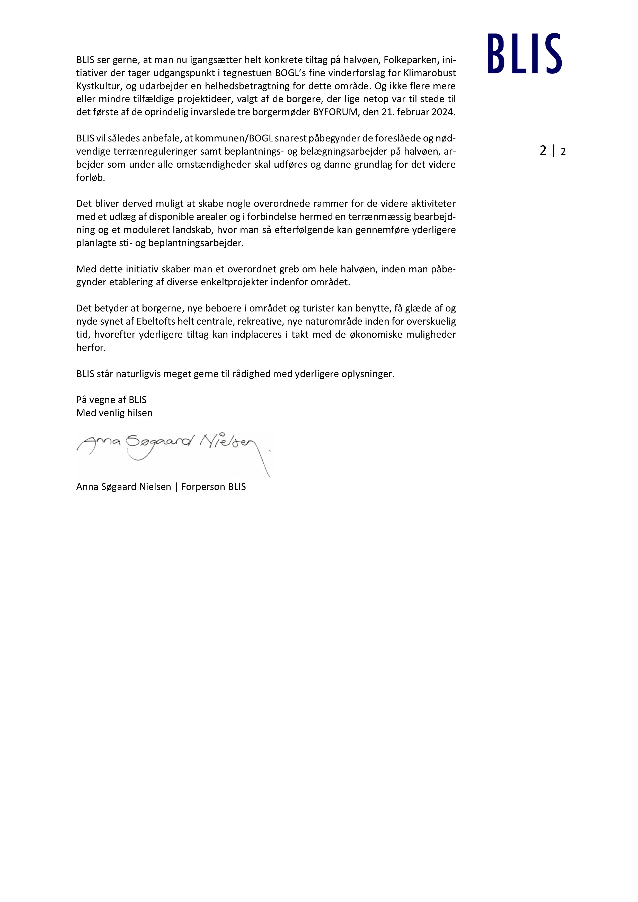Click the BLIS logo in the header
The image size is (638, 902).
click(x=525, y=53)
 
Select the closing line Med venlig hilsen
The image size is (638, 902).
click(x=114, y=413)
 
